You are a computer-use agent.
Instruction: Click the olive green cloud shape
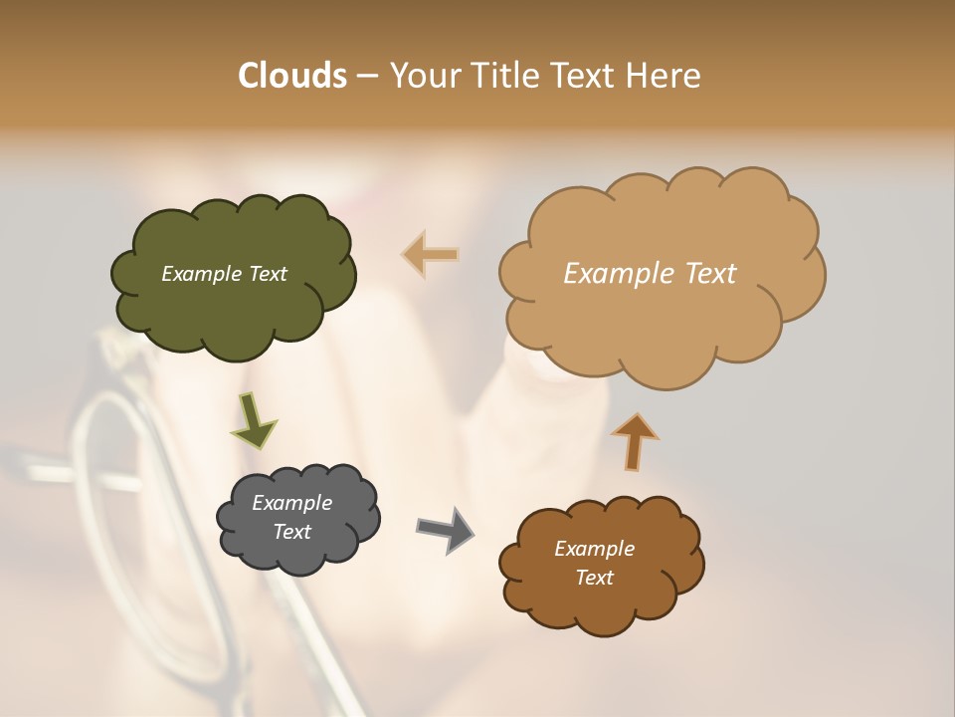pos(233,309)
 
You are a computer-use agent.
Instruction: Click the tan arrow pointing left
pos(431,254)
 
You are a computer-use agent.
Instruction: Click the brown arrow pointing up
pos(634,440)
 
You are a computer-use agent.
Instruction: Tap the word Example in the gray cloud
pos(291,503)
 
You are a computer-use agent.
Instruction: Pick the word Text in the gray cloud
pos(291,532)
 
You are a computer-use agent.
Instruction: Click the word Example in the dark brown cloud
pos(594,549)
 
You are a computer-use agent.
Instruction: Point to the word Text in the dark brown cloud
pos(594,578)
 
